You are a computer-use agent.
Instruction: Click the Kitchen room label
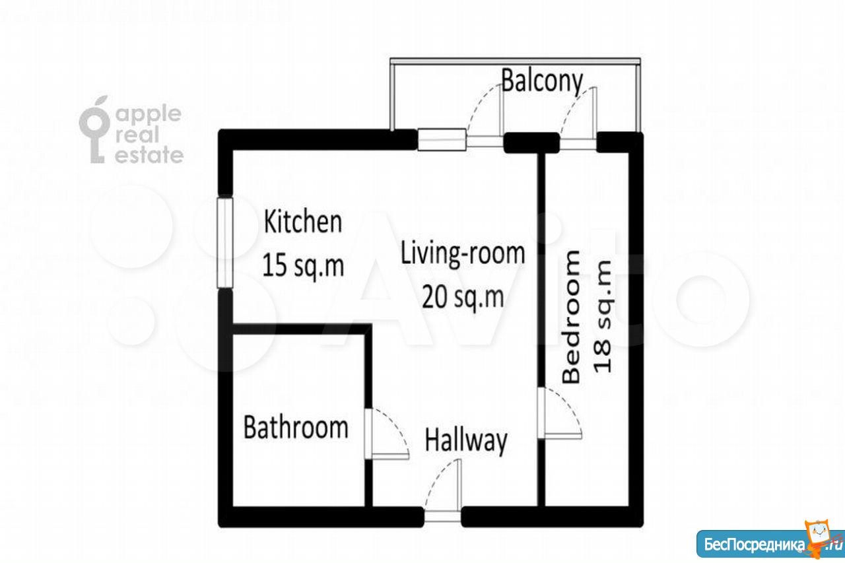click(x=303, y=222)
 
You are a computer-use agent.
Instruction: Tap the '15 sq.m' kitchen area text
click(x=303, y=266)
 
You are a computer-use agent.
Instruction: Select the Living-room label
click(x=463, y=253)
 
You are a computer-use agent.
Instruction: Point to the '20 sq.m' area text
click(x=463, y=298)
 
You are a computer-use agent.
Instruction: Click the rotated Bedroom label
click(x=570, y=316)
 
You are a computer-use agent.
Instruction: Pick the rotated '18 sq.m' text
click(x=603, y=316)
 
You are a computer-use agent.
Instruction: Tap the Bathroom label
click(x=296, y=427)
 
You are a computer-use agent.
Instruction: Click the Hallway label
click(x=466, y=441)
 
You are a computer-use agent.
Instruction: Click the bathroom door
click(x=387, y=434)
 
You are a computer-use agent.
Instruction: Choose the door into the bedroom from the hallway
click(x=559, y=413)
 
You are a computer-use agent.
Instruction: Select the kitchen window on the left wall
click(x=225, y=243)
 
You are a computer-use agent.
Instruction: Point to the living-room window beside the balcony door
click(x=442, y=139)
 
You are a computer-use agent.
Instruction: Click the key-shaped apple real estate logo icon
click(x=94, y=129)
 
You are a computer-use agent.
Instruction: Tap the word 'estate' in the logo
click(x=149, y=155)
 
